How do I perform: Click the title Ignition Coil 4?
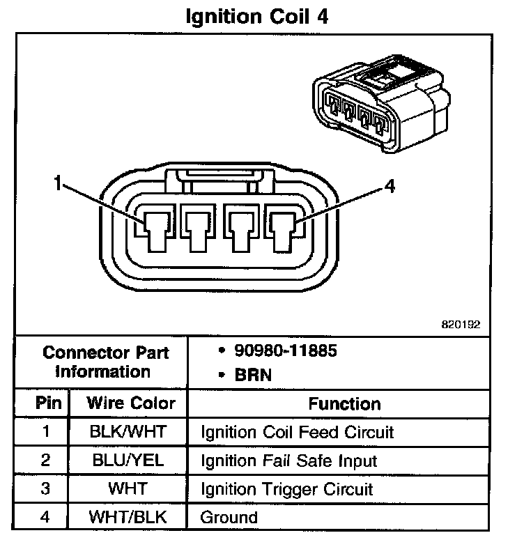[256, 16]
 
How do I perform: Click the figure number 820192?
[461, 324]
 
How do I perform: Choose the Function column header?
[344, 404]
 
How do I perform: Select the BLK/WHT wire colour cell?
[128, 432]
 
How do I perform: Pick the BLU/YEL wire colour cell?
[128, 461]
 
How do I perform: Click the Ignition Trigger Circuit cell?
[287, 489]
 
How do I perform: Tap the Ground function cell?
[229, 518]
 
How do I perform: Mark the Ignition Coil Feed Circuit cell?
[298, 432]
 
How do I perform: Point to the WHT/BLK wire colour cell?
[128, 518]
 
